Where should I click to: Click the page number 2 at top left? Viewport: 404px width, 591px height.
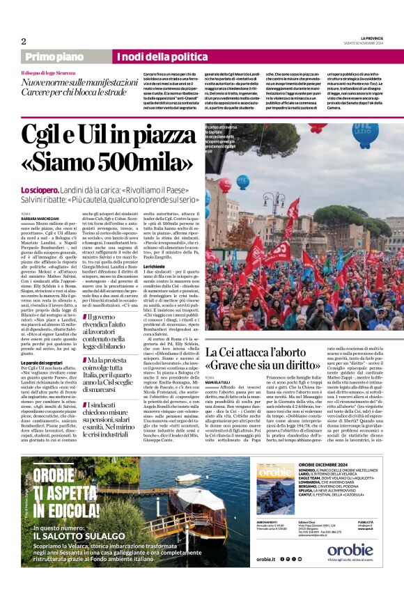24,41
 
